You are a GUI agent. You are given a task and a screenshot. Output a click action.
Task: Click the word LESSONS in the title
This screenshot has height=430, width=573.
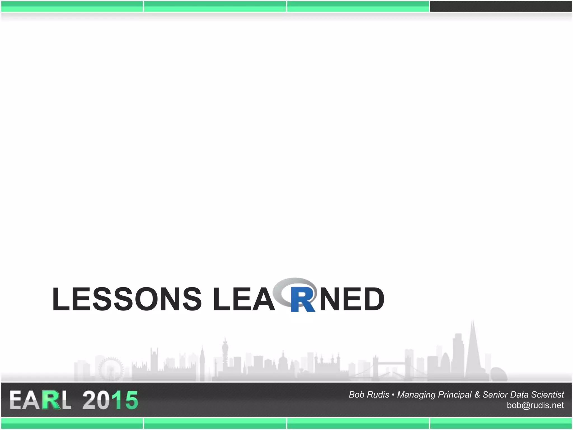pos(127,299)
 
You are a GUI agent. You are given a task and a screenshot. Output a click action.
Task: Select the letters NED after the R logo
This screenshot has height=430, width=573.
pos(352,299)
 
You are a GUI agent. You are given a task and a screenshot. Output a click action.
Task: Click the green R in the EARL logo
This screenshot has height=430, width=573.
pos(51,400)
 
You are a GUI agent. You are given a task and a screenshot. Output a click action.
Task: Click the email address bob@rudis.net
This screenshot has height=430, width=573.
pos(535,405)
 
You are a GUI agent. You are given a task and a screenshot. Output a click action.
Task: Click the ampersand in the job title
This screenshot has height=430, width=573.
pos(477,395)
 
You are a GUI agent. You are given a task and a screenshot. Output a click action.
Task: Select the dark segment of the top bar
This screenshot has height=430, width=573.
pos(501,6)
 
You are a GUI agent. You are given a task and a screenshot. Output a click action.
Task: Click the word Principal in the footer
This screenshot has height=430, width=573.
pos(455,395)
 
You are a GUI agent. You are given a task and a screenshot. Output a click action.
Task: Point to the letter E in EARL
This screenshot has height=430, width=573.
pos(16,400)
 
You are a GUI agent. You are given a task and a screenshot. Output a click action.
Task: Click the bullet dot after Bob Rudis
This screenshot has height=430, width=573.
pos(393,395)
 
